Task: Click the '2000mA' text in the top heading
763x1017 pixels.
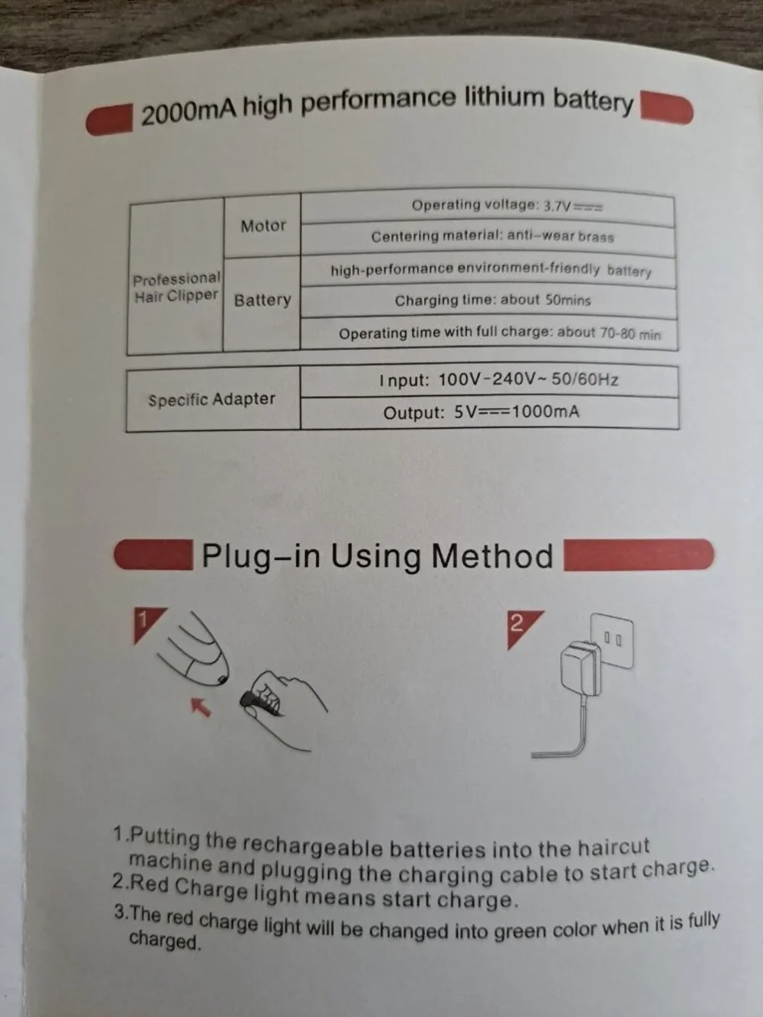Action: click(x=189, y=113)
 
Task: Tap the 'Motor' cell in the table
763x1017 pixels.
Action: click(x=262, y=226)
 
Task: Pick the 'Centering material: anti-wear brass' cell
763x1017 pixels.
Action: click(x=488, y=239)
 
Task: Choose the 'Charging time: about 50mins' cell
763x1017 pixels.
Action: click(x=489, y=301)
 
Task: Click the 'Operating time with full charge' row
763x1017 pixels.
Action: click(x=489, y=333)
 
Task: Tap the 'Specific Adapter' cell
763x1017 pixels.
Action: click(x=213, y=399)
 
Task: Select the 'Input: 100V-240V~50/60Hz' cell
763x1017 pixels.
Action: click(x=489, y=381)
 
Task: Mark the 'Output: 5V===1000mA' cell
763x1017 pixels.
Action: click(x=489, y=412)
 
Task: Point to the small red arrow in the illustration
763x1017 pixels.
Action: click(x=201, y=707)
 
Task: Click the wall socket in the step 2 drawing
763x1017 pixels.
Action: click(x=613, y=641)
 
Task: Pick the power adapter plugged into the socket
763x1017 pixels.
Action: click(x=581, y=668)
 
